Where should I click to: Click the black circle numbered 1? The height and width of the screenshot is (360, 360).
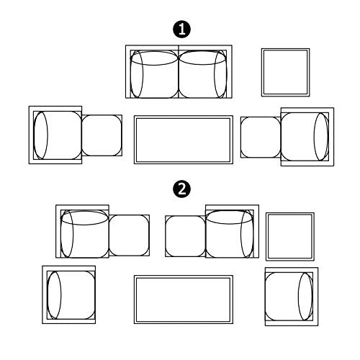tap(182, 30)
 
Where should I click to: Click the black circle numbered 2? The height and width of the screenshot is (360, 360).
tap(182, 189)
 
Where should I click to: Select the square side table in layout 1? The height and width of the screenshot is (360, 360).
tap(286, 73)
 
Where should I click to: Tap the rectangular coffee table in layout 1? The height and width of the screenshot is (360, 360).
tap(184, 140)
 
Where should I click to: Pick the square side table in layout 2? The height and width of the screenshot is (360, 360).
tap(290, 237)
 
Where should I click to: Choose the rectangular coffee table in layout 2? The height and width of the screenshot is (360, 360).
tap(184, 300)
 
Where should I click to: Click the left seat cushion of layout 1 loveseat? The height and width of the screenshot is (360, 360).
tap(154, 74)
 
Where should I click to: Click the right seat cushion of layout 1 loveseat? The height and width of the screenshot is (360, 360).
tap(202, 74)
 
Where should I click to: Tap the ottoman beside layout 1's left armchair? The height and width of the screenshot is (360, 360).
tap(102, 135)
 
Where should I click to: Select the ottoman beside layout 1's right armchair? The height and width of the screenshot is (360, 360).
tap(261, 138)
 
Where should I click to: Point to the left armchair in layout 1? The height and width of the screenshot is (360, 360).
tap(55, 135)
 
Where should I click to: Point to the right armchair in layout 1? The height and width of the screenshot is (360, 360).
tap(307, 137)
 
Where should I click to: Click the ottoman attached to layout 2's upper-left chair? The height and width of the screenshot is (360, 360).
tap(130, 235)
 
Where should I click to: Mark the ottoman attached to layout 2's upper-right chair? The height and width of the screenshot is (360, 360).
tap(186, 236)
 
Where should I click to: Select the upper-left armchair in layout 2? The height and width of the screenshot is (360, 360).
tap(82, 231)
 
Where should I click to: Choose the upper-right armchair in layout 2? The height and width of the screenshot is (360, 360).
tap(233, 231)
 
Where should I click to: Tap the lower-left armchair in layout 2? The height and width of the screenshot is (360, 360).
tap(69, 294)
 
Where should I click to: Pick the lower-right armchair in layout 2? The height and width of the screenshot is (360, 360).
tap(292, 297)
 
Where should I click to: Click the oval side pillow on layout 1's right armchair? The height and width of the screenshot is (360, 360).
tap(321, 137)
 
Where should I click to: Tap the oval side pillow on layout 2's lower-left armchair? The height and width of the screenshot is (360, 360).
tap(54, 295)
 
